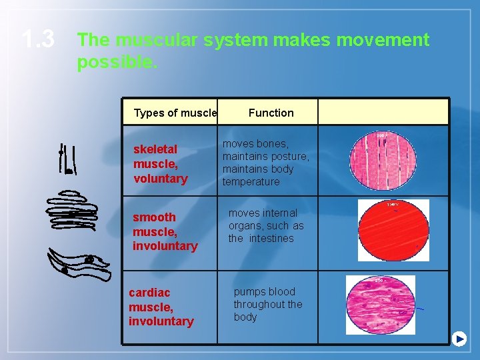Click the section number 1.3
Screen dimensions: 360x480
click(x=37, y=40)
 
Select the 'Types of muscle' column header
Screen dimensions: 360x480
click(x=175, y=113)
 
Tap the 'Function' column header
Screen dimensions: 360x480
click(x=271, y=113)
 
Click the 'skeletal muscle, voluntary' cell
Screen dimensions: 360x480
click(x=161, y=164)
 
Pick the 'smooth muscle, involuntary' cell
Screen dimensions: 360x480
click(x=165, y=231)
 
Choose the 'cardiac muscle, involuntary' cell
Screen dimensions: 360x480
click(x=161, y=307)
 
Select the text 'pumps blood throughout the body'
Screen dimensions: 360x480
click(x=267, y=304)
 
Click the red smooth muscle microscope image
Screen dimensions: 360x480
click(x=393, y=230)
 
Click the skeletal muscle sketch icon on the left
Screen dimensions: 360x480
click(x=66, y=161)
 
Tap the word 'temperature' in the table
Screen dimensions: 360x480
click(x=251, y=182)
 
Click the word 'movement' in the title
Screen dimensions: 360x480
click(x=383, y=40)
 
